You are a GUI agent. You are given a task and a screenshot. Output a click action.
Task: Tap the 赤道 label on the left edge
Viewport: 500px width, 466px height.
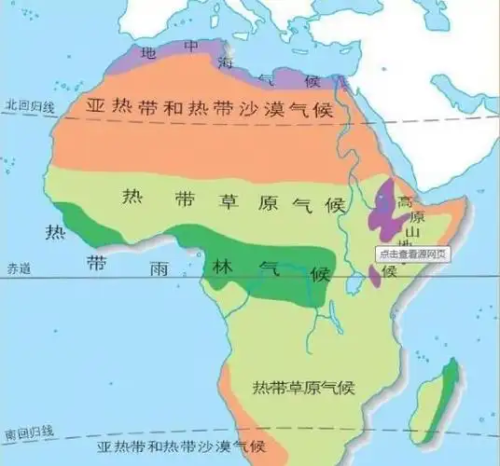[19, 268]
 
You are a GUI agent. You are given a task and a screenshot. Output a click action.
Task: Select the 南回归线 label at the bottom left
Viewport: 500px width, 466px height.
[28, 434]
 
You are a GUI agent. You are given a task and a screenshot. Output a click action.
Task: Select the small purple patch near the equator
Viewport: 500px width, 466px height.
[374, 275]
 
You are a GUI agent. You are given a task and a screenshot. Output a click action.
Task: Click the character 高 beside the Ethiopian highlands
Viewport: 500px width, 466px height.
[405, 203]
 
